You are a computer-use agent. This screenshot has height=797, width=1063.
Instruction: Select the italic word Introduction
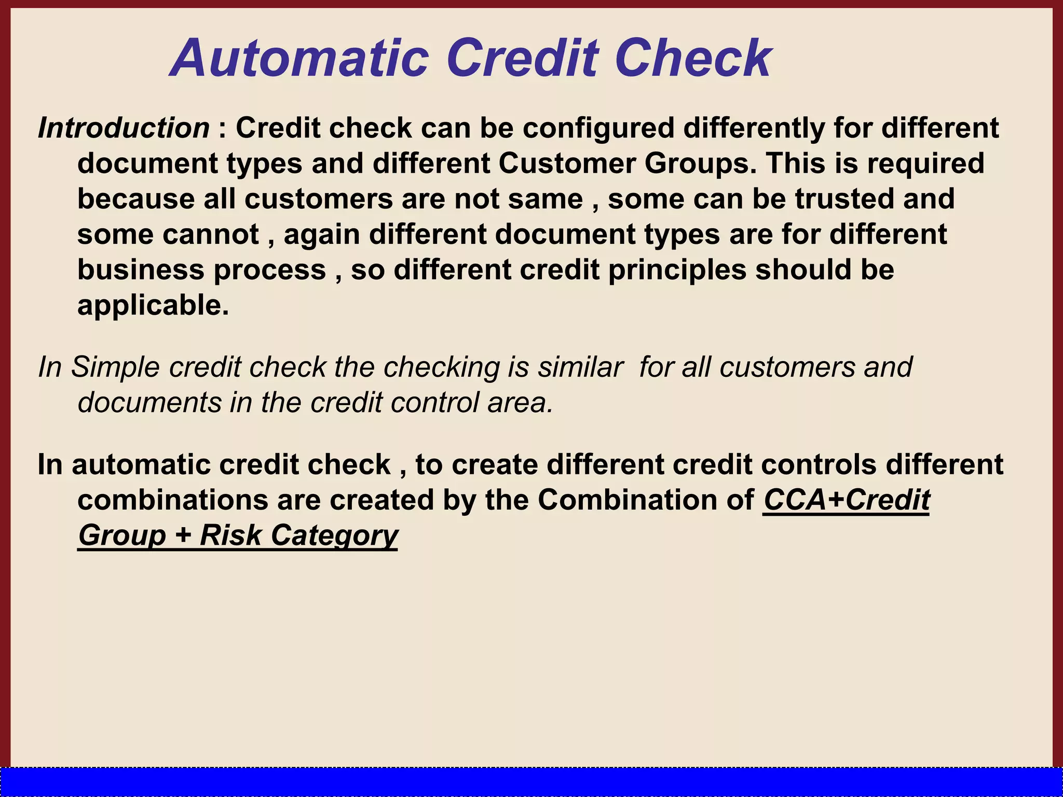coord(124,128)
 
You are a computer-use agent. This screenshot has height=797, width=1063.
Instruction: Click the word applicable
coord(153,306)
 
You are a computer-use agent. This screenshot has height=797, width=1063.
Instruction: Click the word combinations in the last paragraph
coord(172,500)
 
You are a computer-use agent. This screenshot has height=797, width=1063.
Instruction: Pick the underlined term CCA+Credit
coord(846,500)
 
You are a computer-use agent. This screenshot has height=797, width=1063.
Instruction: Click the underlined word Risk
coord(230,535)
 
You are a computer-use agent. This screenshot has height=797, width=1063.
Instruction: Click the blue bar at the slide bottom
coord(531,782)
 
